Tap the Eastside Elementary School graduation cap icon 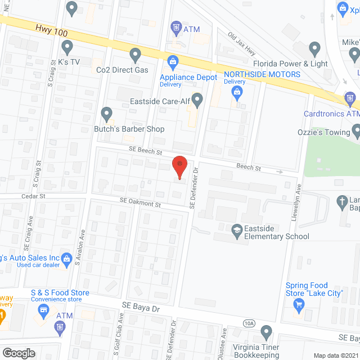pyautogui.click(x=237, y=229)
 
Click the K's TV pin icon pyautogui.click(x=67, y=47)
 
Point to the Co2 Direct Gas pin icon pyautogui.click(x=135, y=55)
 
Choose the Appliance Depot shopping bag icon pyautogui.click(x=173, y=60)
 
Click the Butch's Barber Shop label pyautogui.click(x=129, y=129)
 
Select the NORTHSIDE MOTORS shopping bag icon pyautogui.click(x=237, y=91)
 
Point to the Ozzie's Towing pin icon pyautogui.click(x=357, y=132)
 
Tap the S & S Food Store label pyautogui.click(x=60, y=293)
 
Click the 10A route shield pyautogui.click(x=250, y=323)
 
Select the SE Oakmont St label pyautogui.click(x=140, y=202)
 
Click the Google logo pyautogui.click(x=18, y=353)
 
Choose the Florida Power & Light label pyautogui.click(x=290, y=64)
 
